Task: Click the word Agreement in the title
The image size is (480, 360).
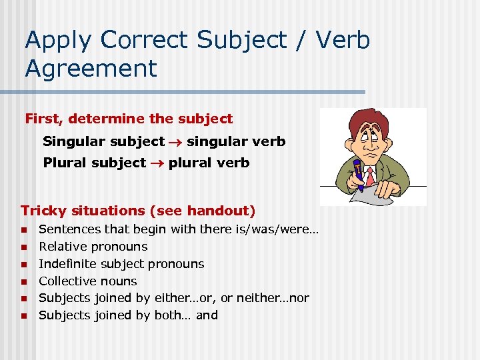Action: [91, 68]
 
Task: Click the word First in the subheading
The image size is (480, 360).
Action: [43, 119]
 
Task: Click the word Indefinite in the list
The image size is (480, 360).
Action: [71, 264]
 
